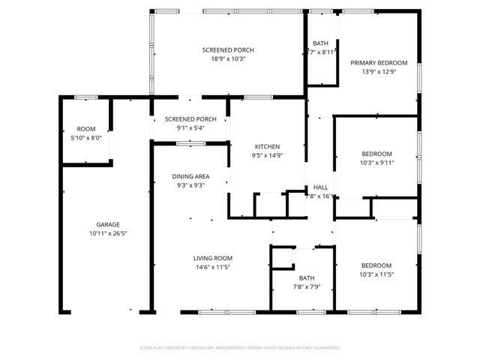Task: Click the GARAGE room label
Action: pos(107,224)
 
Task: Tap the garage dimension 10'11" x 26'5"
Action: pos(107,233)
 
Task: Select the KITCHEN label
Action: pos(267,146)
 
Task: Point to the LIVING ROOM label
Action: pos(214,257)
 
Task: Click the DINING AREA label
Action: pos(190,176)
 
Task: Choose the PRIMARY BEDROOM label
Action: pos(379,63)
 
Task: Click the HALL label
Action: pos(320,187)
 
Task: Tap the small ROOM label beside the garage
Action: pos(86,129)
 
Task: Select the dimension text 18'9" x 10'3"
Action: pos(223,58)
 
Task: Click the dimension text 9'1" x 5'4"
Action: pos(190,127)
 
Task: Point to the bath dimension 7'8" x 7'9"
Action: pos(306,286)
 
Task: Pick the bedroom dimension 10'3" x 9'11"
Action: pos(376,162)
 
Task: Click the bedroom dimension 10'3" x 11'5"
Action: pos(376,274)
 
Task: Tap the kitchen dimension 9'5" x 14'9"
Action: pos(267,155)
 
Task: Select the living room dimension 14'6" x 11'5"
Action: pos(214,266)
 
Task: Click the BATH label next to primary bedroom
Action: pos(320,43)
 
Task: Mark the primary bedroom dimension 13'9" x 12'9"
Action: pos(379,72)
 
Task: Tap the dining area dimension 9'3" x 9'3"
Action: pos(190,185)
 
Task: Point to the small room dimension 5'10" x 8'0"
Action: pos(86,138)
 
